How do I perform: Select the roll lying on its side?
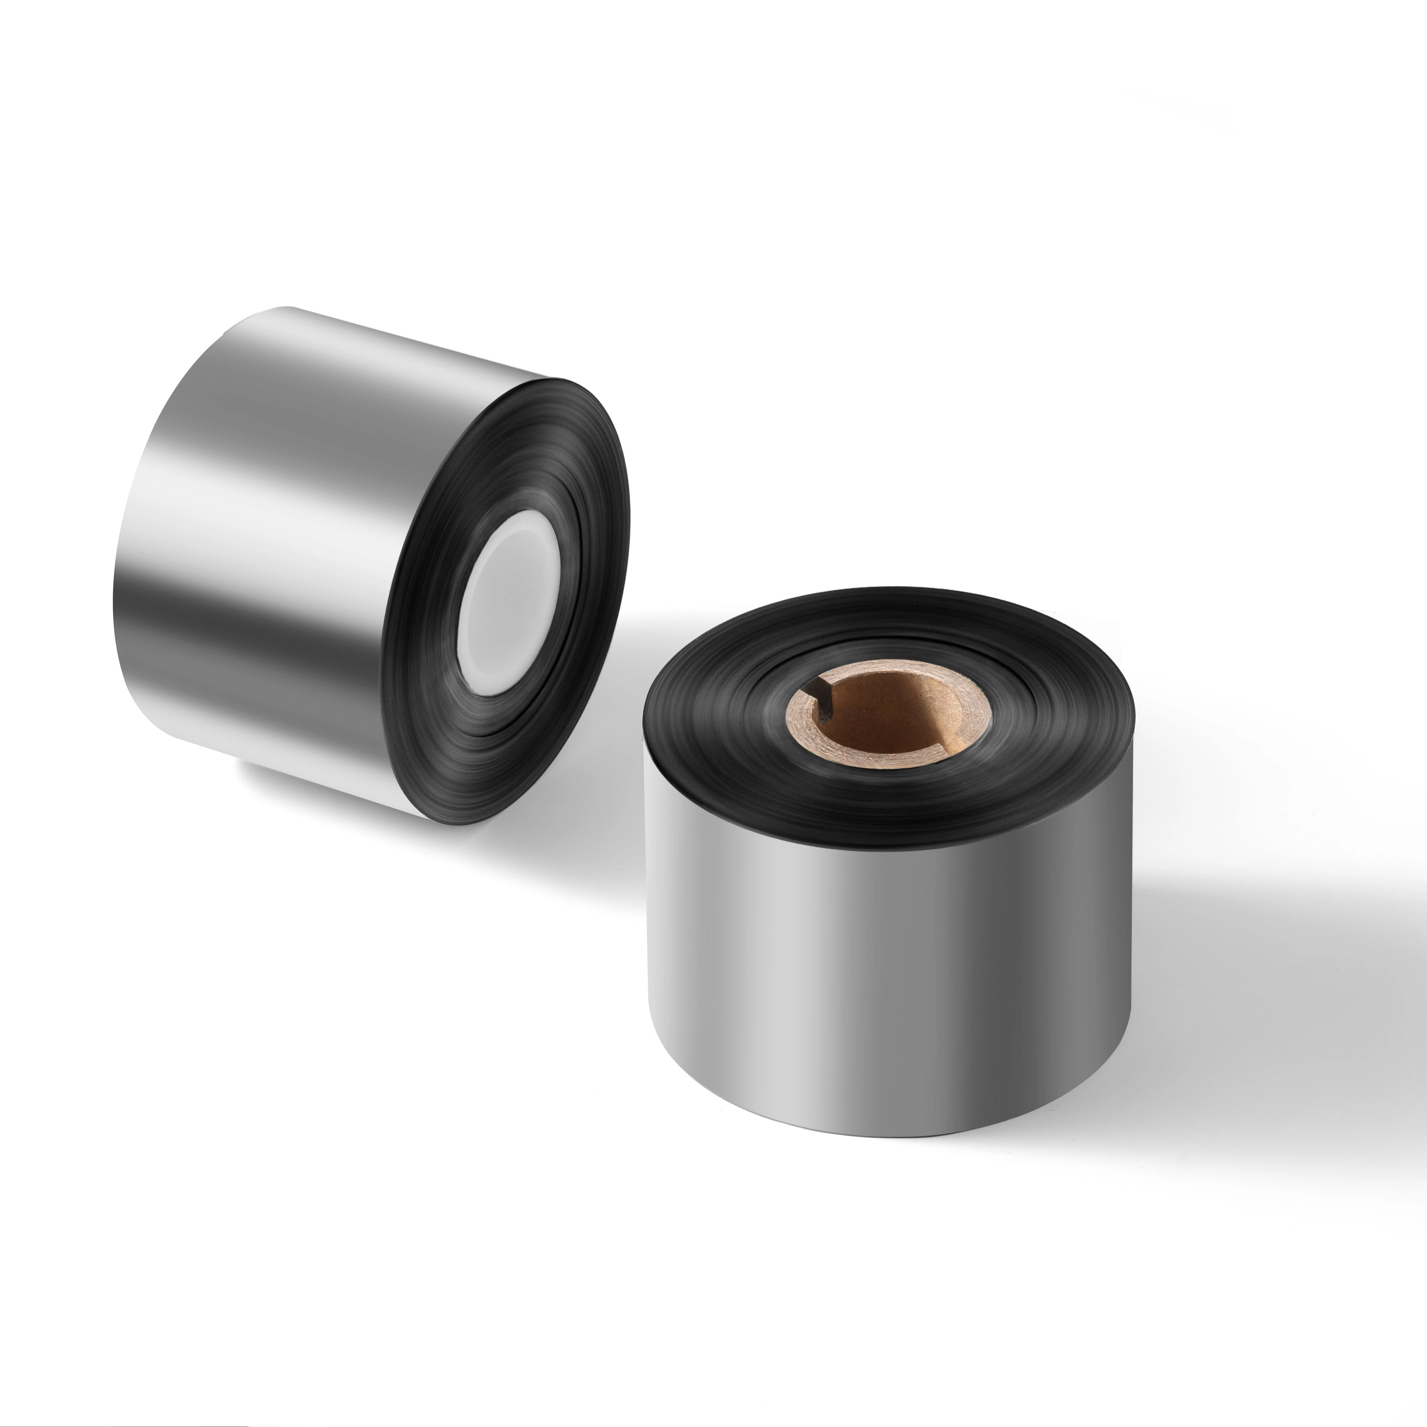point(369,561)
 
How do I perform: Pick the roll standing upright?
point(886,886)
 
